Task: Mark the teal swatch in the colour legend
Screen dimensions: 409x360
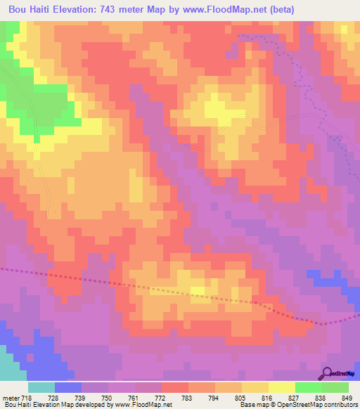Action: pos(41,387)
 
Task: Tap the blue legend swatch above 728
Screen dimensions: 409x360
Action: pos(68,387)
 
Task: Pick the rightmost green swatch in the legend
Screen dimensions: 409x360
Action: pos(335,387)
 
